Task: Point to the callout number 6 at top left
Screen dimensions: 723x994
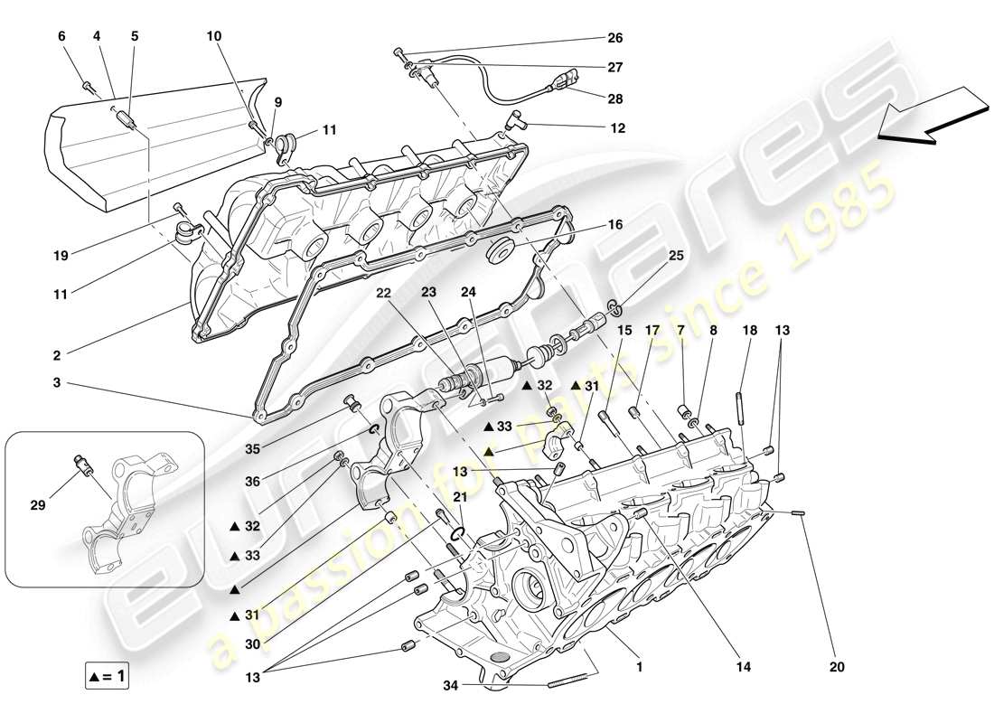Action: point(62,36)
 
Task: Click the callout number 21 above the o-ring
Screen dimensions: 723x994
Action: point(461,498)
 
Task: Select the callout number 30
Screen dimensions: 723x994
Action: point(253,643)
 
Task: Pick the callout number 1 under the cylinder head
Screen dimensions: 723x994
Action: point(640,670)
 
